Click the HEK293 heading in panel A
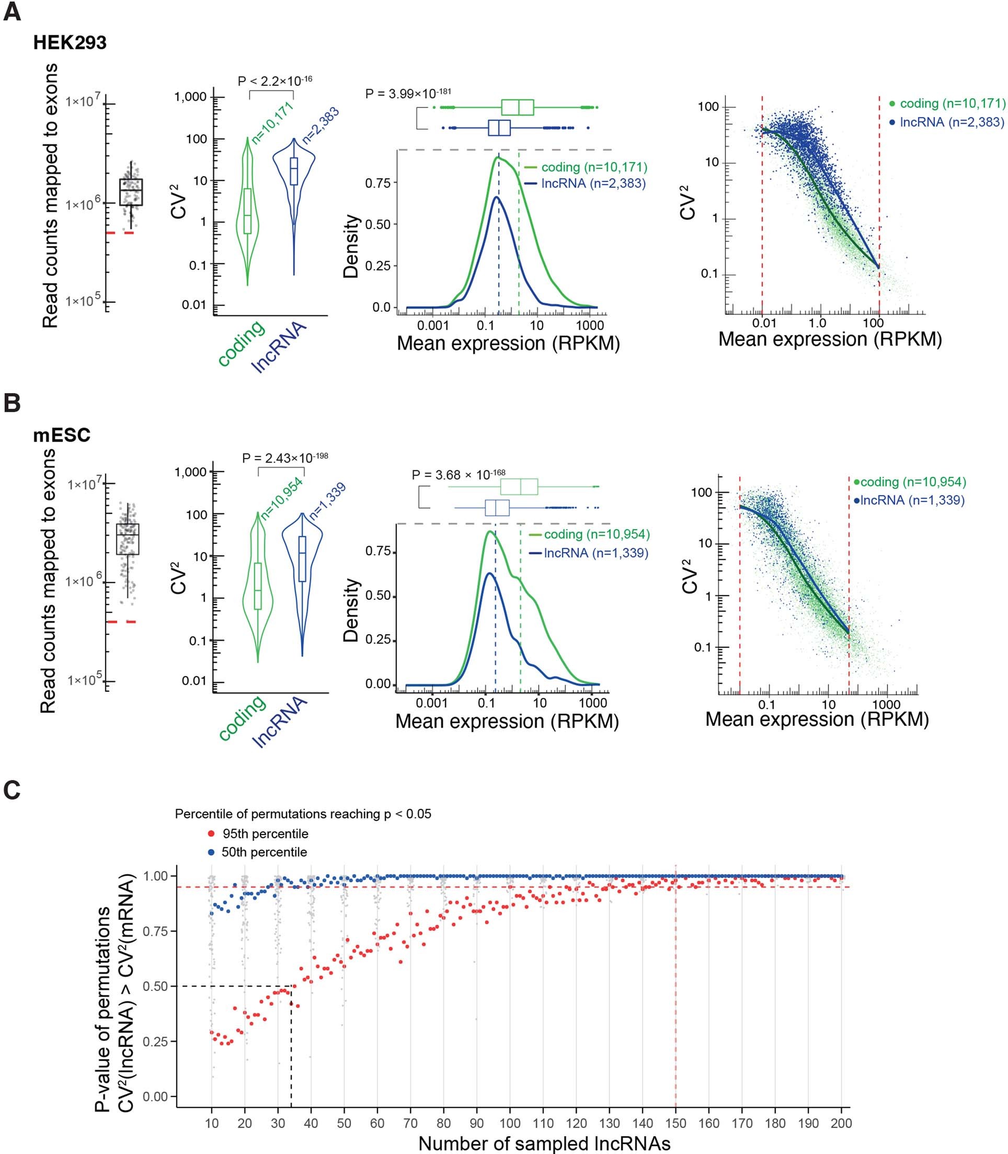pos(70,43)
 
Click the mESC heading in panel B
pos(62,435)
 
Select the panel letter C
pos(12,791)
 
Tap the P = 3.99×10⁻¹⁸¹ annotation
pos(408,93)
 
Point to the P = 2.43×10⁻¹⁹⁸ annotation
pos(284,458)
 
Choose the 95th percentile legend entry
pos(265,833)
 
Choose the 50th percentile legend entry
pos(264,852)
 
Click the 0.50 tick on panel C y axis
pos(156,986)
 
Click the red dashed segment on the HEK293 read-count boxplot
pos(120,232)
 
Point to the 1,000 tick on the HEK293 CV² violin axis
pos(190,97)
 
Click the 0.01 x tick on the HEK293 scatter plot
pos(764,323)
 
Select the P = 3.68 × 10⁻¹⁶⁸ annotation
pos(459,475)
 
